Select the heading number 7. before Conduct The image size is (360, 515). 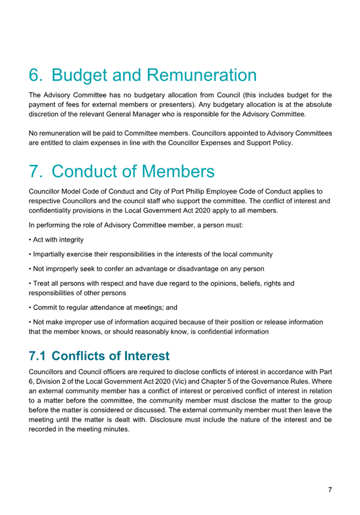click(x=38, y=171)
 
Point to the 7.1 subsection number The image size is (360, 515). click(x=39, y=356)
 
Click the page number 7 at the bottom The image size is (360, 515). click(x=330, y=490)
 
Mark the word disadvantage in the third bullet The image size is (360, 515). click(x=199, y=269)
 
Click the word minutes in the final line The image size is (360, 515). click(x=116, y=428)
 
